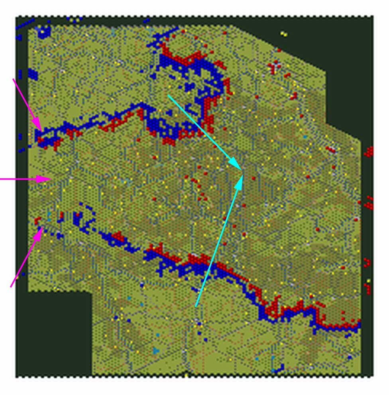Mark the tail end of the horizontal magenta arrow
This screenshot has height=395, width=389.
1,179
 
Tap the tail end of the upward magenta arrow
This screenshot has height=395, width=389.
11,286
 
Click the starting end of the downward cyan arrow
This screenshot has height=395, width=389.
169,95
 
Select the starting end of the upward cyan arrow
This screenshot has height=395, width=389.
196,306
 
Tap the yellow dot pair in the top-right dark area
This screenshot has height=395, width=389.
284,34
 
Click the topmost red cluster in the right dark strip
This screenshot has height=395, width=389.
369,151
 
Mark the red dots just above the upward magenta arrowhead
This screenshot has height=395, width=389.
38,220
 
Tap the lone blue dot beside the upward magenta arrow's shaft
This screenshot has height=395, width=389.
24,274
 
